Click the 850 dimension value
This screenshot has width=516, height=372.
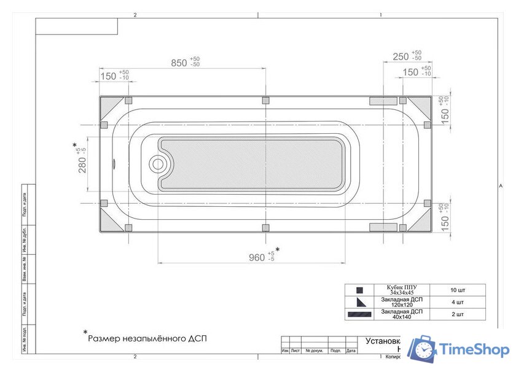point(179,63)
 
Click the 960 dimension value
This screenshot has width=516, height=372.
point(256,257)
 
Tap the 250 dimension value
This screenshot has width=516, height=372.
point(401,56)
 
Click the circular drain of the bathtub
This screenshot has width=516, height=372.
point(158,164)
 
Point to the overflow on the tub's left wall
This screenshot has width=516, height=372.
point(114,164)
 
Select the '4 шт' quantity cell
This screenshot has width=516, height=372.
point(456,302)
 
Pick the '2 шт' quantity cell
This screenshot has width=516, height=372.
point(456,314)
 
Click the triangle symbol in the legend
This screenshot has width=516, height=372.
point(360,302)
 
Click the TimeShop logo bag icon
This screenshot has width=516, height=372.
point(422,349)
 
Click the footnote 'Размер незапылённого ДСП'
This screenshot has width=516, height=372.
point(144,338)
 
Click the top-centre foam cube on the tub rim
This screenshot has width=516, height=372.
point(265,101)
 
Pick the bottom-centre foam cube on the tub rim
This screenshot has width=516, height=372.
point(265,228)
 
